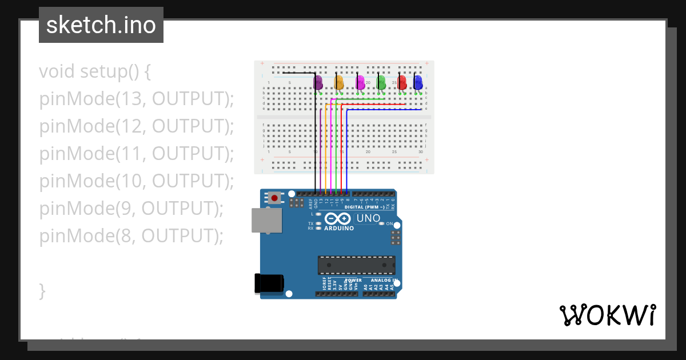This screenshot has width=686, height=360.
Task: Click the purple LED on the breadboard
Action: (x=318, y=83)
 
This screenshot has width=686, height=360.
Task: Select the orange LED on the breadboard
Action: (x=339, y=83)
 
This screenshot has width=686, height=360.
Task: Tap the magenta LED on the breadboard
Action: (x=360, y=83)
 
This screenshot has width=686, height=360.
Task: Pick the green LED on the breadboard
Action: (x=381, y=83)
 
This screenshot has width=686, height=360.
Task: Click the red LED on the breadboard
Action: (x=402, y=83)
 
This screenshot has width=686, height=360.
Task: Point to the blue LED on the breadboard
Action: (x=418, y=83)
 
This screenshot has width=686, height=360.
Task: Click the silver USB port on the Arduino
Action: (x=266, y=221)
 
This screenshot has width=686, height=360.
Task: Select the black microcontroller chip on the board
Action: (x=356, y=265)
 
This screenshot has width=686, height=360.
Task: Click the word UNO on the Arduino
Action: (x=368, y=218)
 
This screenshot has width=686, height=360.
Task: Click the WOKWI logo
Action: (x=607, y=315)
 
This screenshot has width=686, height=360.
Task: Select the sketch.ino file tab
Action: (x=101, y=25)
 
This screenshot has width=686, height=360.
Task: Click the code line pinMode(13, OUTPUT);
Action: (x=137, y=99)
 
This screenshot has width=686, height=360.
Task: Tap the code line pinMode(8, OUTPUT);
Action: (x=131, y=235)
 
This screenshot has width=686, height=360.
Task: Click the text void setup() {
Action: (x=95, y=71)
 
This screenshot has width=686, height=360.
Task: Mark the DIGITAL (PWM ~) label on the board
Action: (x=364, y=207)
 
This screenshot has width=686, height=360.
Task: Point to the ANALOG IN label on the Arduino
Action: (x=383, y=280)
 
